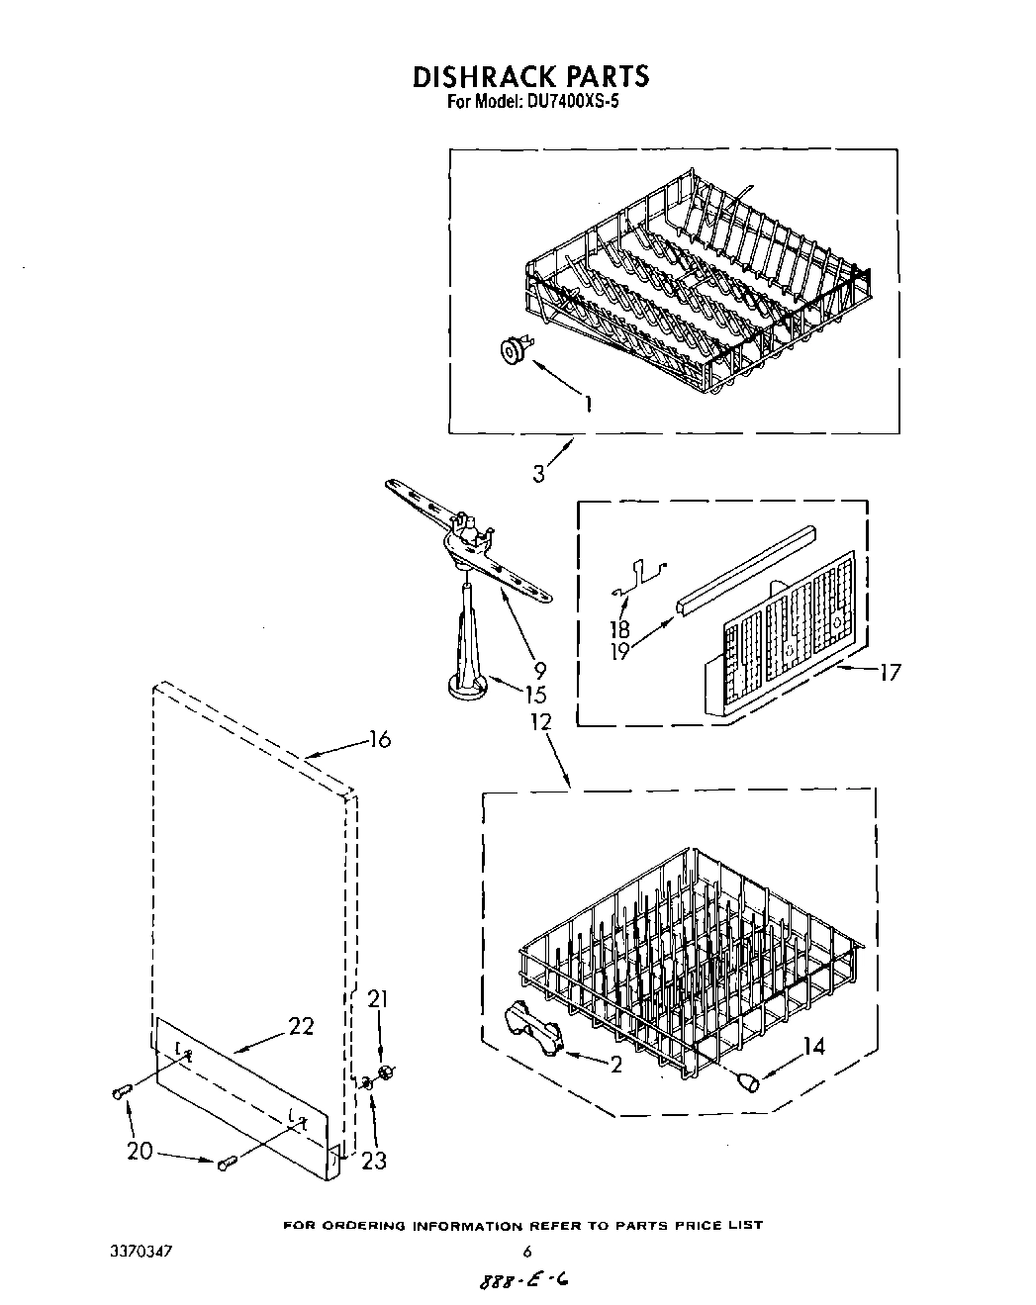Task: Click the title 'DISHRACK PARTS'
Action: click(x=529, y=76)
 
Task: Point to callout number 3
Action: click(x=538, y=474)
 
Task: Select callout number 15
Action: click(x=535, y=695)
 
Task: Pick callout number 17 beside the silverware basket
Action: click(x=890, y=673)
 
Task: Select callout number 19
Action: click(x=620, y=652)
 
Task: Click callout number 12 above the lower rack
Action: click(x=540, y=722)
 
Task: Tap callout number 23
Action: click(x=374, y=1161)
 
